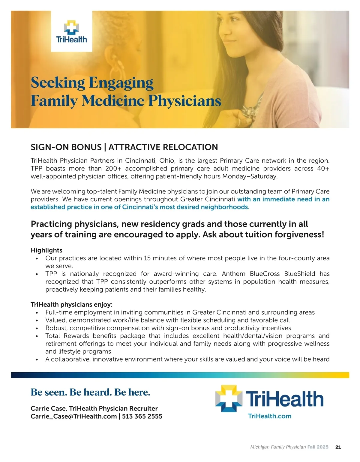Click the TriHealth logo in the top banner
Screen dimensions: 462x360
pos(71,31)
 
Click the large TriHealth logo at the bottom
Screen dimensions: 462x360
pos(269,399)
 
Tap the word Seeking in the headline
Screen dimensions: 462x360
pos(58,83)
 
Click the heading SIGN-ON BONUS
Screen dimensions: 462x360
pos(66,147)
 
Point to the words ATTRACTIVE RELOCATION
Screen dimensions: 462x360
pos(163,147)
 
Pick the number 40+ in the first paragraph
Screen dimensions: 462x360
pos(323,169)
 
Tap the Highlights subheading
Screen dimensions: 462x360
pos(46,250)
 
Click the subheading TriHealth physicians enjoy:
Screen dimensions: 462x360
pos(71,304)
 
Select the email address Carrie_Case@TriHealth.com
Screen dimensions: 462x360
pos(73,416)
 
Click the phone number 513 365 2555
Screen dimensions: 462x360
pos(142,416)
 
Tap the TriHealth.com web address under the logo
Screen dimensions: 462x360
pos(270,416)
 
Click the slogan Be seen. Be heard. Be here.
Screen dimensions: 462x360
pos(90,392)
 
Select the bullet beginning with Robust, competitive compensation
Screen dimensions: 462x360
pos(168,328)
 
